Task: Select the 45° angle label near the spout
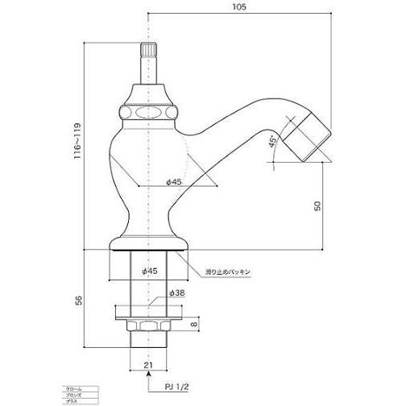coord(273,143)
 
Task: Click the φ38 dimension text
coord(177,295)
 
